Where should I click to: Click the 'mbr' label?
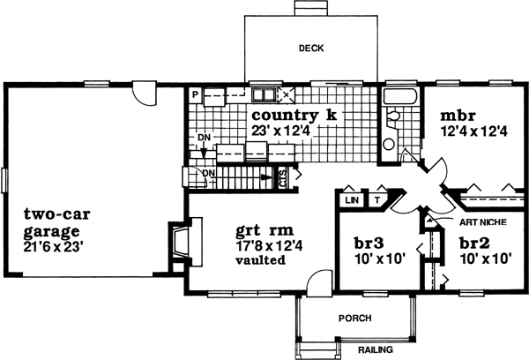[458, 115]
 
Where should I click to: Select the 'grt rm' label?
[259, 233]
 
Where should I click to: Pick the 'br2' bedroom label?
[477, 242]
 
